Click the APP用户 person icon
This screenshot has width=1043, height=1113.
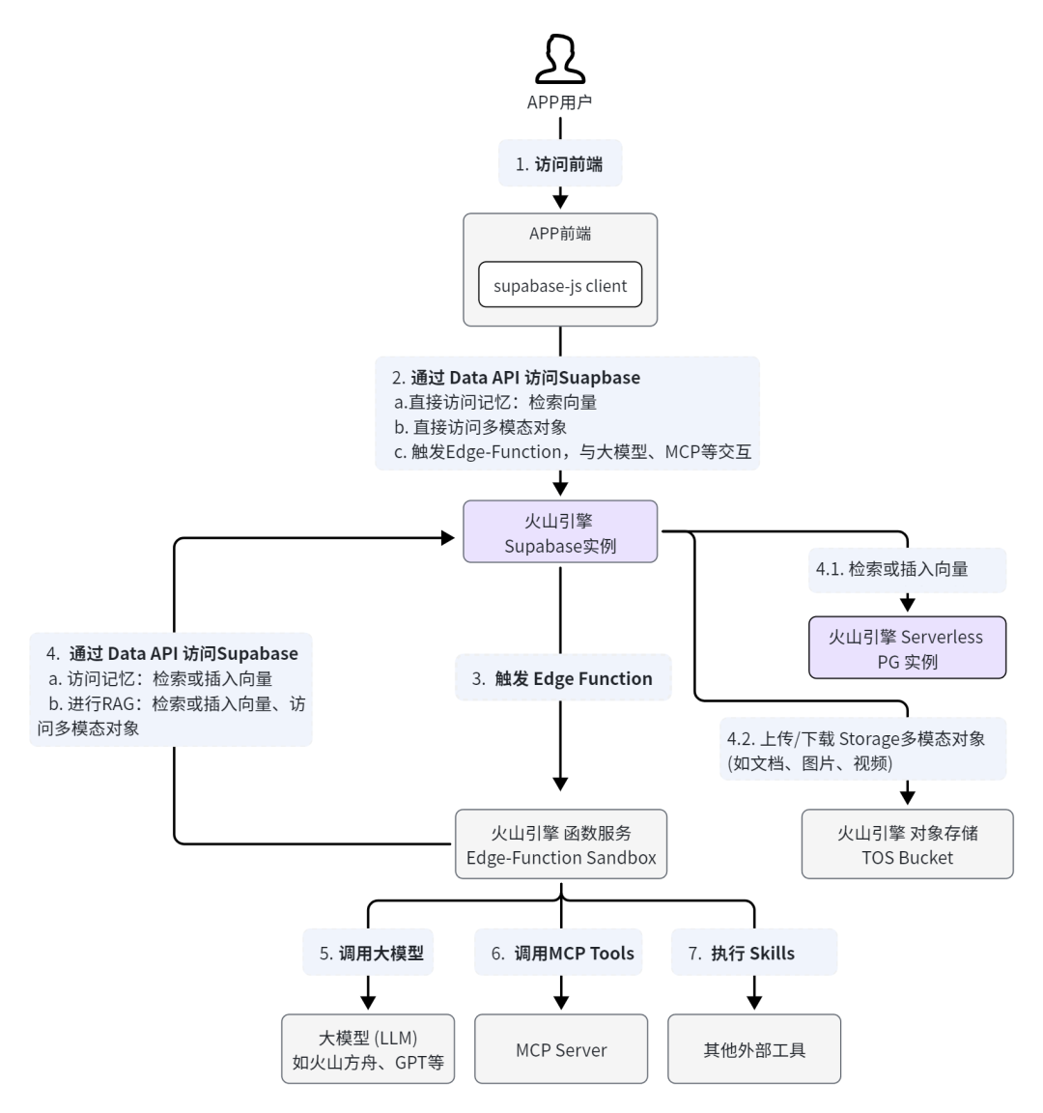pyautogui.click(x=560, y=59)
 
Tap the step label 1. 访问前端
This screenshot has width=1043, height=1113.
pyautogui.click(x=560, y=164)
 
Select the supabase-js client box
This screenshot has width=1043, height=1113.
pyautogui.click(x=560, y=286)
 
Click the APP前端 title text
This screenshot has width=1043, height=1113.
pyautogui.click(x=560, y=233)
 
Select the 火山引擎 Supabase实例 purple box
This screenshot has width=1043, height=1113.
pyautogui.click(x=560, y=532)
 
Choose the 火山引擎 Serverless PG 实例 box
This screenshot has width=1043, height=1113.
pyautogui.click(x=907, y=648)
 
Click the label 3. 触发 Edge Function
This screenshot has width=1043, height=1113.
pyautogui.click(x=562, y=678)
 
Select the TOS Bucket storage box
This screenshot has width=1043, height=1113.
pyautogui.click(x=907, y=844)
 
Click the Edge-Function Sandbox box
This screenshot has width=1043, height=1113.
pyautogui.click(x=561, y=844)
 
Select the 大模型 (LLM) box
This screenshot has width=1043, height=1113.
pyautogui.click(x=368, y=1049)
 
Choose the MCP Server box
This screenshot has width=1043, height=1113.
pyautogui.click(x=561, y=1049)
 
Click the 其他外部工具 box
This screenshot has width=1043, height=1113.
pyautogui.click(x=754, y=1049)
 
